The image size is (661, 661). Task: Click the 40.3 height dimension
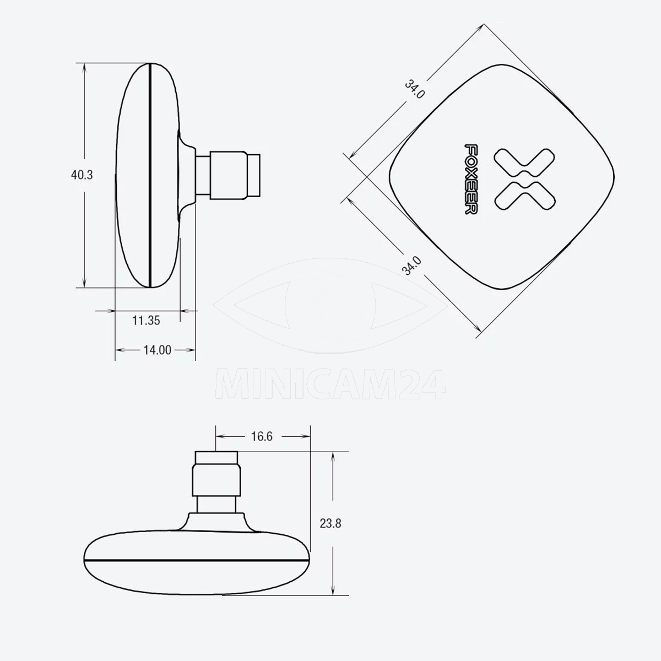pos(82,175)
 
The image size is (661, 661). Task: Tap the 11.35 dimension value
pos(146,321)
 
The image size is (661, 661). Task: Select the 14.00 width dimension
pos(157,350)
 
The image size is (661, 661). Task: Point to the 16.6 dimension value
pos(262,436)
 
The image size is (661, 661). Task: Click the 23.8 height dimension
pos(330,524)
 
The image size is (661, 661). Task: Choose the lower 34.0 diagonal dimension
pos(411,266)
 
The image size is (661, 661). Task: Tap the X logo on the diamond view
pos(524,179)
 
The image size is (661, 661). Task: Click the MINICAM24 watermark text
pos(330,384)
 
